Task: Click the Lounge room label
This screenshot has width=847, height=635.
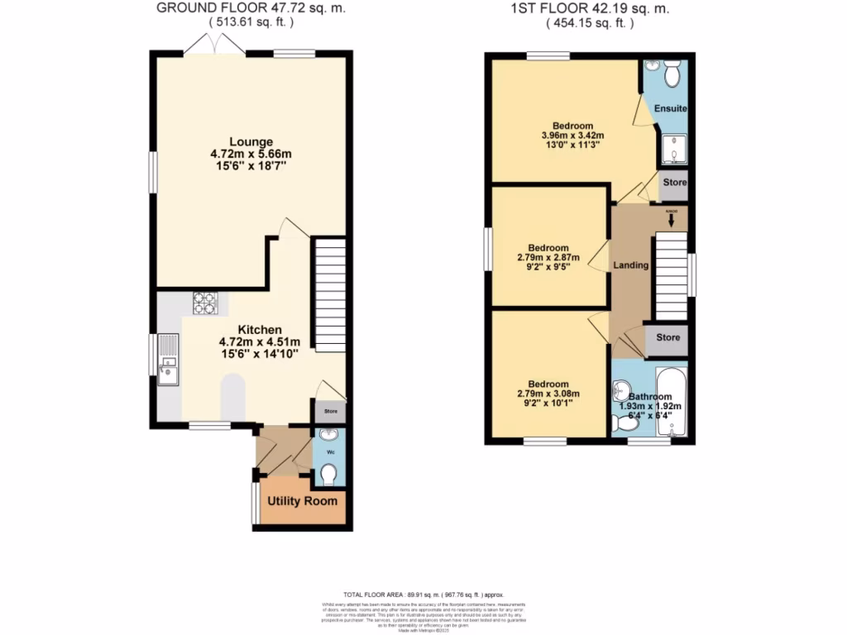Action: (x=251, y=141)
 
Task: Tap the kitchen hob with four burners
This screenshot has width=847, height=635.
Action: (x=205, y=303)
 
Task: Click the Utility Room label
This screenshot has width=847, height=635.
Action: (x=301, y=501)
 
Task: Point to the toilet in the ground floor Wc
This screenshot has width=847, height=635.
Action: (x=328, y=474)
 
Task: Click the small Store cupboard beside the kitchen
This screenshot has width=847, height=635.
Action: (x=329, y=411)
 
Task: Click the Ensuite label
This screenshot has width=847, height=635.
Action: (x=670, y=109)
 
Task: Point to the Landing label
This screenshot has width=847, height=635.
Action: (x=630, y=265)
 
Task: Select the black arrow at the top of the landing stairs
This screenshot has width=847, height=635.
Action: (x=672, y=220)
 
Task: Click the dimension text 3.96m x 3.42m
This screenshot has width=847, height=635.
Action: (x=572, y=136)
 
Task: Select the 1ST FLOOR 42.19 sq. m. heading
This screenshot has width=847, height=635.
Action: (x=590, y=8)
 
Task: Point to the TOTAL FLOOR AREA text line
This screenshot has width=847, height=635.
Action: (x=423, y=594)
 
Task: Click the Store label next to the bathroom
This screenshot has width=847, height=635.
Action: (x=668, y=337)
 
